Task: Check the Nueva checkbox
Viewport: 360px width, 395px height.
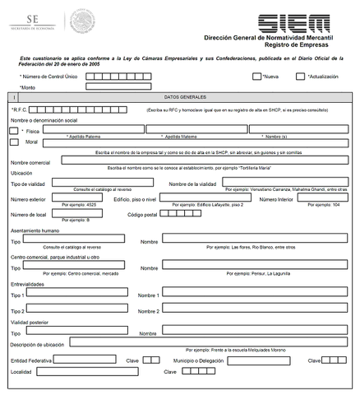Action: [256, 76]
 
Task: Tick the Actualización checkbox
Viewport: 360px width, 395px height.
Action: [300, 76]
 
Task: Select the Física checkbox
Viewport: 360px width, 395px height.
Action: [13, 130]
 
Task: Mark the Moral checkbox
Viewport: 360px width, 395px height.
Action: [13, 142]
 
